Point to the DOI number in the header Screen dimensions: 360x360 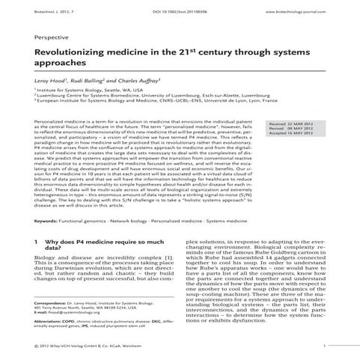tap(180, 12)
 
